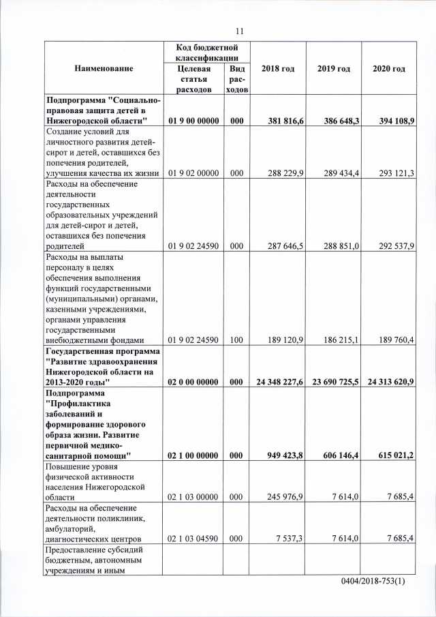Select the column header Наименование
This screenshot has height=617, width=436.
point(104,69)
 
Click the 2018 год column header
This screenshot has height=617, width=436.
point(277,69)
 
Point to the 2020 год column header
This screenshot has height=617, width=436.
point(389,69)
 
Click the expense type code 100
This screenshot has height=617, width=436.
point(236,341)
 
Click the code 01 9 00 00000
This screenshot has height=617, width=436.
point(193,121)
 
